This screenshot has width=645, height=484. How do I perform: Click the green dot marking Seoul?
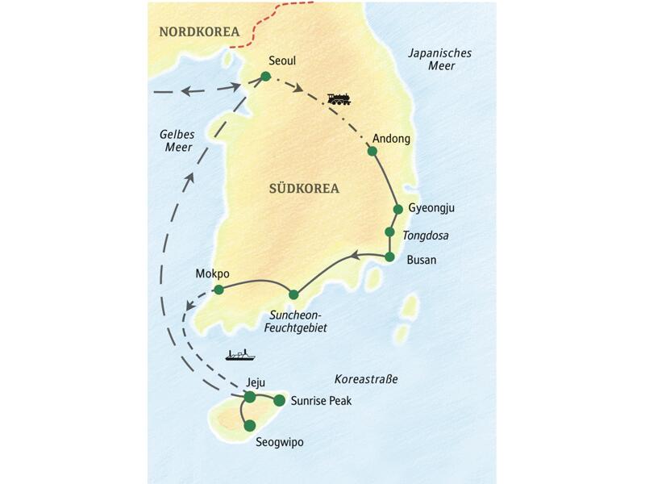pyautogui.click(x=264, y=77)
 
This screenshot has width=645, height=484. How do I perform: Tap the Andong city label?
pyautogui.click(x=392, y=139)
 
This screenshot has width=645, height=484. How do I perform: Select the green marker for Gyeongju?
pyautogui.click(x=397, y=210)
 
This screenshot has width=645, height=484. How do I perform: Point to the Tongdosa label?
pyautogui.click(x=426, y=236)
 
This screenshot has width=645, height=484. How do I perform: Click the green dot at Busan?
pyautogui.click(x=389, y=257)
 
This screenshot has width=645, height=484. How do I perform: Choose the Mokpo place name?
pyautogui.click(x=213, y=273)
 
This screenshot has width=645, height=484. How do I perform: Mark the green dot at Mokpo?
pyautogui.click(x=218, y=290)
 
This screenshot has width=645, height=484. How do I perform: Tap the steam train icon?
pyautogui.click(x=339, y=99)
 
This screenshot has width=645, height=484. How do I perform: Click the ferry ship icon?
pyautogui.click(x=240, y=354)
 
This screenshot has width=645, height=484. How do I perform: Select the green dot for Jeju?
pyautogui.click(x=250, y=397)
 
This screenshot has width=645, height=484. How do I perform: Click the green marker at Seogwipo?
pyautogui.click(x=250, y=425)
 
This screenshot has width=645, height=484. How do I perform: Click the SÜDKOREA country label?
pyautogui.click(x=303, y=189)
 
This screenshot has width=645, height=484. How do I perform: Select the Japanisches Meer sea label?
pyautogui.click(x=440, y=60)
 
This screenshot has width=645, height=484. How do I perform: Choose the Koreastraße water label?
pyautogui.click(x=367, y=378)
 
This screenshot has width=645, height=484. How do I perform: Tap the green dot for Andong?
pyautogui.click(x=372, y=151)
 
